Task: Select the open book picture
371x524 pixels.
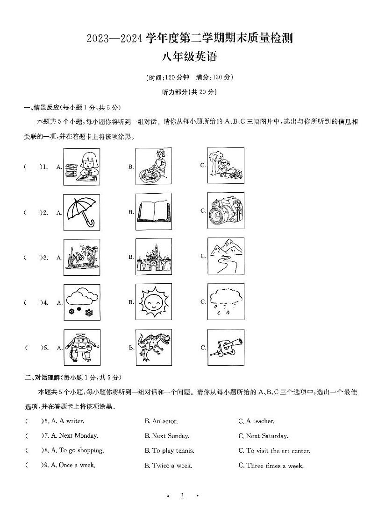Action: click(154, 212)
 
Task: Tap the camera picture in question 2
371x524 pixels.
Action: click(226, 211)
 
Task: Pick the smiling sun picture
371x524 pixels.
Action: click(154, 302)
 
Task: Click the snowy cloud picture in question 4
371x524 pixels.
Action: click(81, 302)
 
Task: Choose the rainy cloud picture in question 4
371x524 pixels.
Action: click(226, 301)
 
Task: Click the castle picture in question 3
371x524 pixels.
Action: click(154, 257)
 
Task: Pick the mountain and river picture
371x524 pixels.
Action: click(226, 256)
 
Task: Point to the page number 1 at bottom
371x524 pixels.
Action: click(183, 496)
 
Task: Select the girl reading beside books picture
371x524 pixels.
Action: click(81, 167)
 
